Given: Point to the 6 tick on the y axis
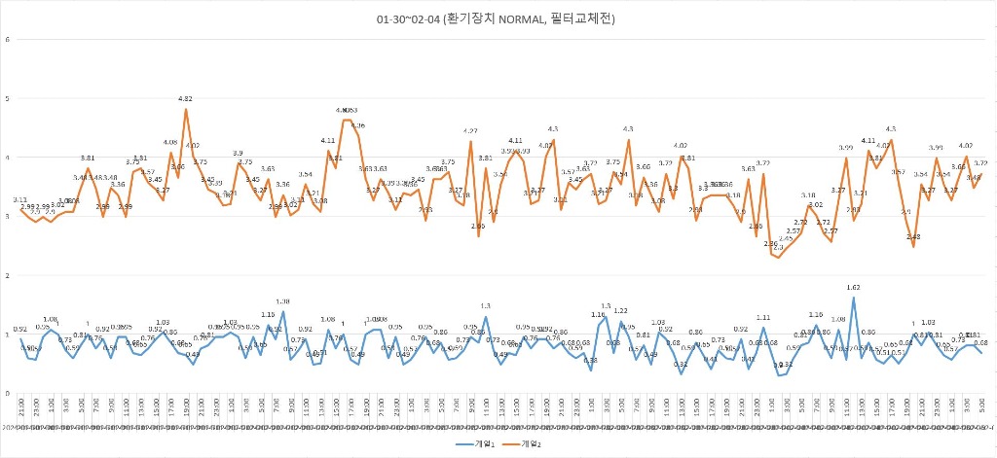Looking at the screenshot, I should (x=8, y=40).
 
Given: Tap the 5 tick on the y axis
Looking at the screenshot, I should (x=8, y=98).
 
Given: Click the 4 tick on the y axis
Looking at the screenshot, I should (x=8, y=158).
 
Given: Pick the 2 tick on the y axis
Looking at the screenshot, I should (x=8, y=275).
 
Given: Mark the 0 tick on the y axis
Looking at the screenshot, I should (x=8, y=393).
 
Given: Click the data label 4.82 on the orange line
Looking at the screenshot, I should (x=185, y=99).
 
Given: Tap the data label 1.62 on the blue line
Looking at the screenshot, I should (x=854, y=288).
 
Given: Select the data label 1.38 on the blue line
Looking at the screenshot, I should (x=283, y=301).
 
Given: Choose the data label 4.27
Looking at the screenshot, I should (x=470, y=131).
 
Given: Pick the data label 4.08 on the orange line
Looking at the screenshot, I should (x=170, y=143).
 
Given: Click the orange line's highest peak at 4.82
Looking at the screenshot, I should (x=185, y=109).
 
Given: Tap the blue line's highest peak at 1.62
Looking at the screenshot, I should (x=854, y=298).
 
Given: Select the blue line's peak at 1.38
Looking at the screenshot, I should (x=283, y=312).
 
